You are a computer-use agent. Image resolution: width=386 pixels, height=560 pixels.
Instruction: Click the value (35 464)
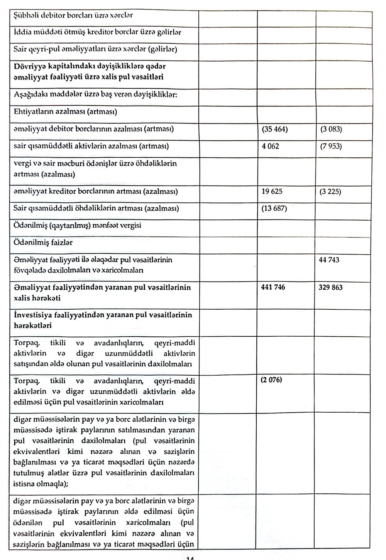coord(275,130)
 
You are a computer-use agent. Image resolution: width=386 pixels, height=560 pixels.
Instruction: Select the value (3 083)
coord(331,130)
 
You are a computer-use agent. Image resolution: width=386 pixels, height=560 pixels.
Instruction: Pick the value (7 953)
coord(331,147)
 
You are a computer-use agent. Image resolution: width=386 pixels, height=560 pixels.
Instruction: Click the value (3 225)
coord(330,191)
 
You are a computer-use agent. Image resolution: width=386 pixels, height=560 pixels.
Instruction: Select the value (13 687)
coord(274,209)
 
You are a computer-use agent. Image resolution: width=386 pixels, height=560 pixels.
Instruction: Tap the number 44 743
coord(329,260)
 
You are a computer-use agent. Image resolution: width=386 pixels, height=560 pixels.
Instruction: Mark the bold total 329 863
coord(331,287)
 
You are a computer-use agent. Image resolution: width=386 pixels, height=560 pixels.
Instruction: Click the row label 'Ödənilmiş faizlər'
coord(43,243)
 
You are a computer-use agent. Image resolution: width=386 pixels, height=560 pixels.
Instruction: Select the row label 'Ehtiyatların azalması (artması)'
coord(65,112)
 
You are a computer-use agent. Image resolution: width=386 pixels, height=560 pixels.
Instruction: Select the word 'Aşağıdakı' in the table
coord(29,94)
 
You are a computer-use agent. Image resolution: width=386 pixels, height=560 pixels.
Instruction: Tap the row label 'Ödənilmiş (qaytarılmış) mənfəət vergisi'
coord(77,226)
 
